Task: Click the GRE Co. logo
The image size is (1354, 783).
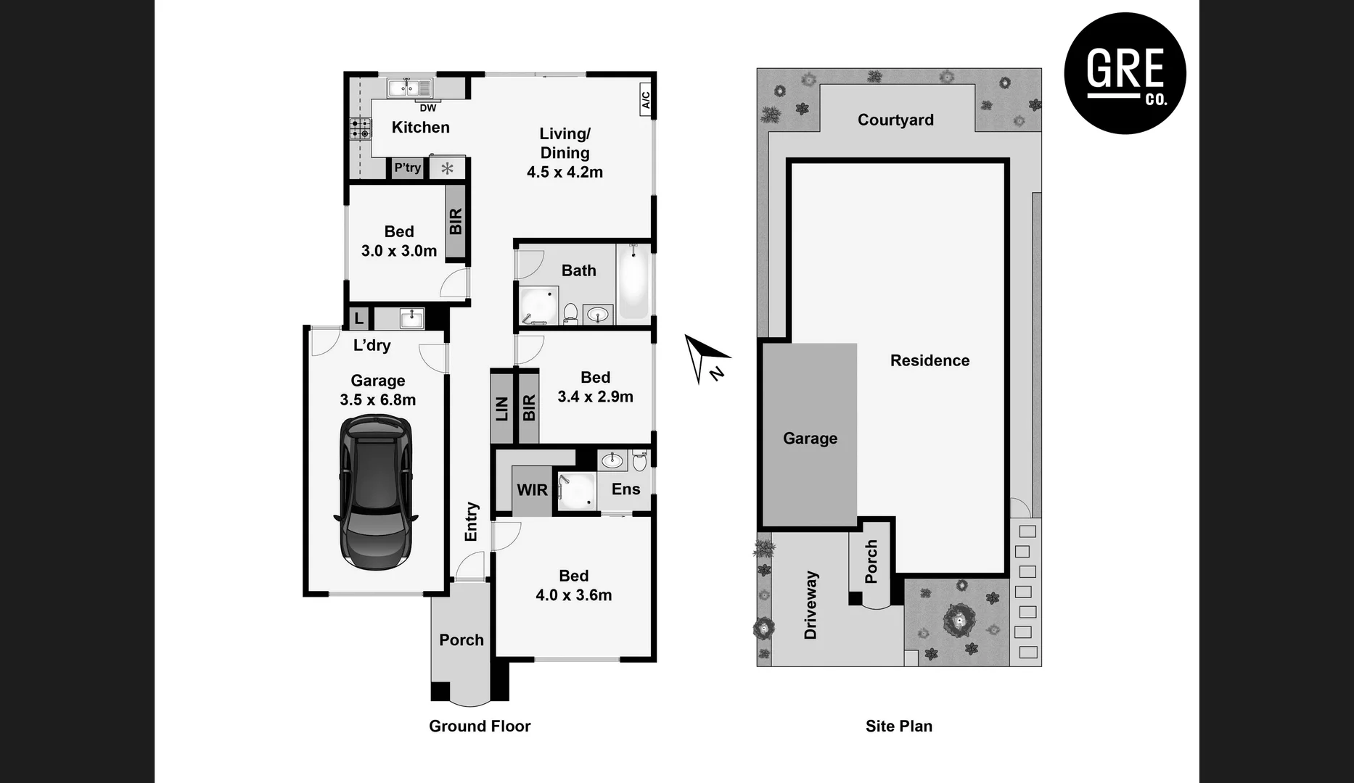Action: point(1125,73)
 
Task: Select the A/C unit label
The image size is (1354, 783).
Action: point(646,97)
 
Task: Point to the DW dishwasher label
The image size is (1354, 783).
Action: point(428,108)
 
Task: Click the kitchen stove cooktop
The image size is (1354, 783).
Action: point(360,129)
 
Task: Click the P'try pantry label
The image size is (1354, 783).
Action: point(407,167)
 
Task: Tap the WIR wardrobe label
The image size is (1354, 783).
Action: point(532,490)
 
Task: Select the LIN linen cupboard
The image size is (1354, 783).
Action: point(501,408)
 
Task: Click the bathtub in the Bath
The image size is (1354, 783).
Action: point(633,283)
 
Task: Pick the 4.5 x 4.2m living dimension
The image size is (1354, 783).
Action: point(565,173)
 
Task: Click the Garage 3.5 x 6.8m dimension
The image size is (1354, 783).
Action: point(377,400)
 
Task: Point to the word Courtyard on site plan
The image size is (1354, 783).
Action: point(895,120)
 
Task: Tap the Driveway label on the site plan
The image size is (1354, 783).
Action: point(811,605)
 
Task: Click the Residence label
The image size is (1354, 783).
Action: point(930,360)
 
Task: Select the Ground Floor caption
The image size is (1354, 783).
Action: point(480,726)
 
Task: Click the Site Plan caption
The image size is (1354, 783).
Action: point(898,726)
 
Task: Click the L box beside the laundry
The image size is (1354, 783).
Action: point(358,318)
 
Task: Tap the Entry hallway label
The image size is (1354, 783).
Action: point(471,521)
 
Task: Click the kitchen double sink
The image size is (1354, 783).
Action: point(409,88)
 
